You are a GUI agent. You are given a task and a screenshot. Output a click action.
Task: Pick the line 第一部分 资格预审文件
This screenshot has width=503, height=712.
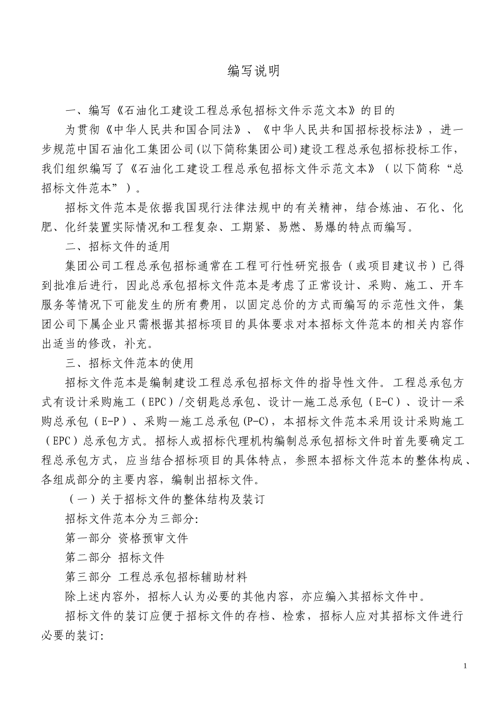click(127, 538)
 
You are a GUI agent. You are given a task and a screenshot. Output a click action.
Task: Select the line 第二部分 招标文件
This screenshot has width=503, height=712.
click(115, 557)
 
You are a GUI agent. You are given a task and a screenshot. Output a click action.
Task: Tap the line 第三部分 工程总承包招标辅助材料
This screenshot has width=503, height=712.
click(156, 576)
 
